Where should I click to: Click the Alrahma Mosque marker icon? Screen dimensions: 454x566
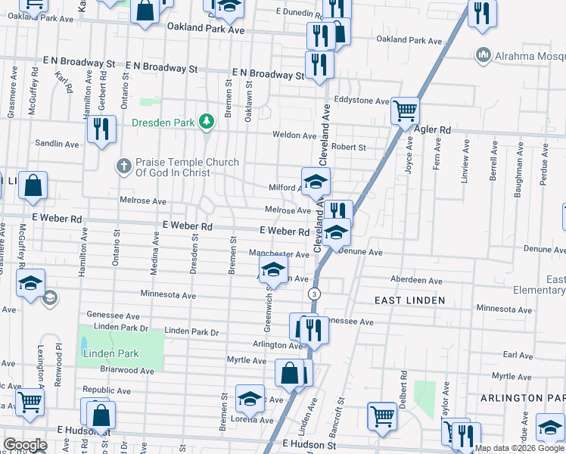tap(483, 55)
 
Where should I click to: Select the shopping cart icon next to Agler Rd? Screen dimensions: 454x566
tap(406, 111)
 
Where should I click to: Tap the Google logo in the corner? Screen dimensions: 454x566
tap(25, 445)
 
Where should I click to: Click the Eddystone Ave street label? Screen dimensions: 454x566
tap(362, 101)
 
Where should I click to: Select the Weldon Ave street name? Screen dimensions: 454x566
tap(294, 135)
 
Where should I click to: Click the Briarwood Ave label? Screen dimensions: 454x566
tap(128, 371)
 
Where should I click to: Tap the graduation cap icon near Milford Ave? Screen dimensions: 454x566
tap(316, 181)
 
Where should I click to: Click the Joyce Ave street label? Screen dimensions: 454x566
tap(409, 155)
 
